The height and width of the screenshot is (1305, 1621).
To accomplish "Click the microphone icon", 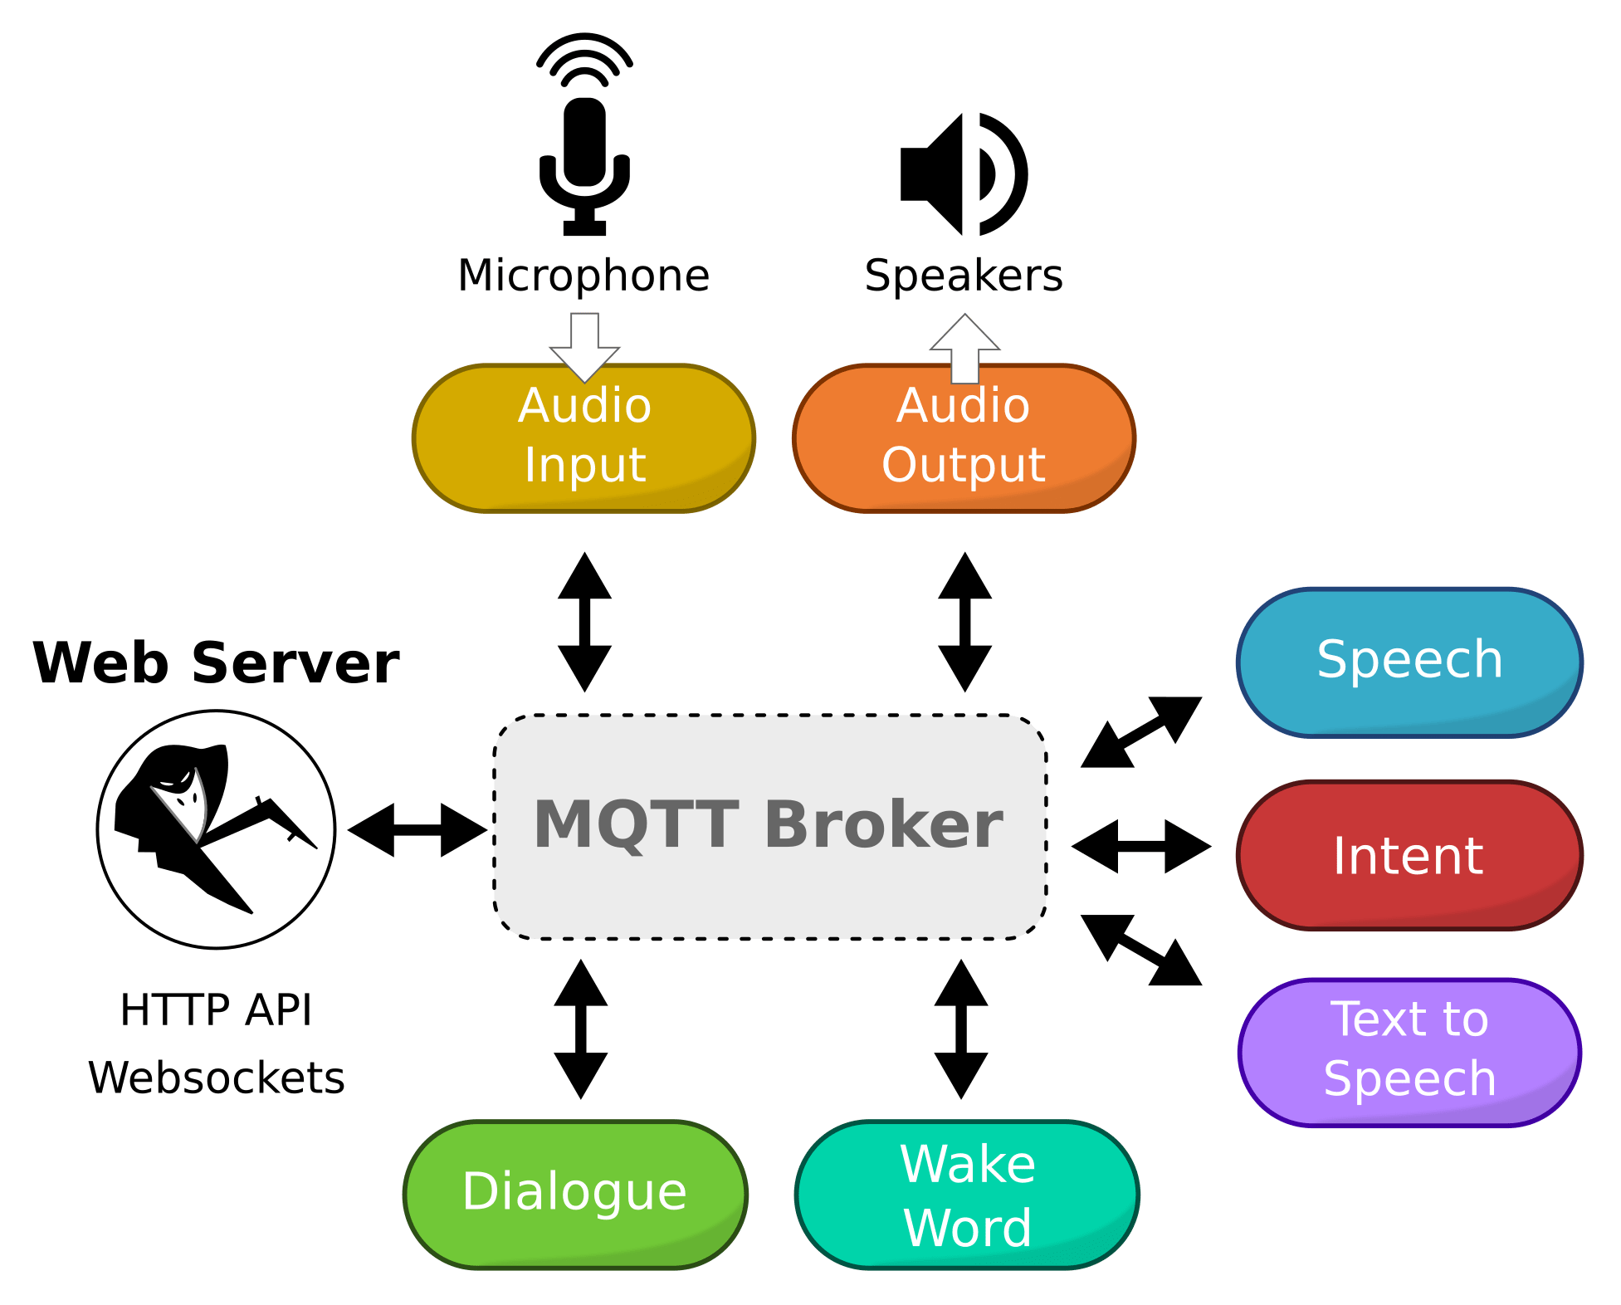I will coord(584,137).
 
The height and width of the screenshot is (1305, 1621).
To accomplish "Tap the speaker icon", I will coord(963,174).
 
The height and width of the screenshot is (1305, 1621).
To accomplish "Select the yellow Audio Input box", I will coord(584,438).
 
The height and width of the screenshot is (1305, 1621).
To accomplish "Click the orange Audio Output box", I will coord(964,438).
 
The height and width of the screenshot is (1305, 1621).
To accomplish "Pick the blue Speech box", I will coord(1409,662).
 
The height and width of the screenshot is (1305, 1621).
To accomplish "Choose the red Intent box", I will coord(1409,855).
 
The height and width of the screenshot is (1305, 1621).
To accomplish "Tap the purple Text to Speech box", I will coord(1409,1052).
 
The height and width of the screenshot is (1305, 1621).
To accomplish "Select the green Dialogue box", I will coord(575,1194).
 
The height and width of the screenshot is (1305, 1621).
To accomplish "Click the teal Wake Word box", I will coord(967,1195).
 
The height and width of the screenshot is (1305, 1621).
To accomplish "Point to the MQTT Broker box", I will coord(770,827).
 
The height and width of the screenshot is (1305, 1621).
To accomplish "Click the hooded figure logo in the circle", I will coord(217,829).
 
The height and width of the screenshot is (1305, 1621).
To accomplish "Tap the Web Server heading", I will coord(216,663).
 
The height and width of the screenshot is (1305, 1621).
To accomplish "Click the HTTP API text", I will coord(216,1009).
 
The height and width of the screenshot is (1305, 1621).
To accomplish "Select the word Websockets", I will coord(216,1078).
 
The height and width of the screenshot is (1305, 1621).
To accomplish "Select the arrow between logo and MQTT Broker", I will coord(417,829).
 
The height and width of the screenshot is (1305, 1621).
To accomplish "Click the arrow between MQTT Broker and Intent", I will coord(1141,847).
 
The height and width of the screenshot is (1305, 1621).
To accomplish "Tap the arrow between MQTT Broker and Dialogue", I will coord(581,1029).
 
